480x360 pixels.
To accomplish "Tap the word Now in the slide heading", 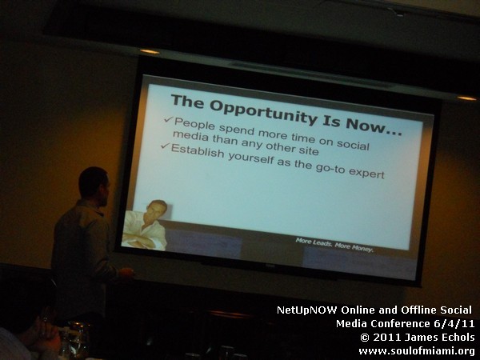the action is tap(370, 126).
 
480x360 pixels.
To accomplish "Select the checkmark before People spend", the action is tap(168, 119).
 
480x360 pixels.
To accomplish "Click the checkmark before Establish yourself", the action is tap(165, 146).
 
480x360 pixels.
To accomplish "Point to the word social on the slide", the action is tap(353, 144).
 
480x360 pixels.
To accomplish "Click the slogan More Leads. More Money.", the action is tap(334, 245).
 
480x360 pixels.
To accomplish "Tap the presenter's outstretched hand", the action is tap(126, 273).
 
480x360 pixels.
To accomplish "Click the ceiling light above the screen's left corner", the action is tap(150, 51).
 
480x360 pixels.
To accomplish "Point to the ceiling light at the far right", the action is tap(466, 98).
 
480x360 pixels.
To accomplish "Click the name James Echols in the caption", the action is tap(439, 337).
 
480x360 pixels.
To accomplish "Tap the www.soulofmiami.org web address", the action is tap(417, 351).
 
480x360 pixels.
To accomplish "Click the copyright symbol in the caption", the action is tap(365, 338).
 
